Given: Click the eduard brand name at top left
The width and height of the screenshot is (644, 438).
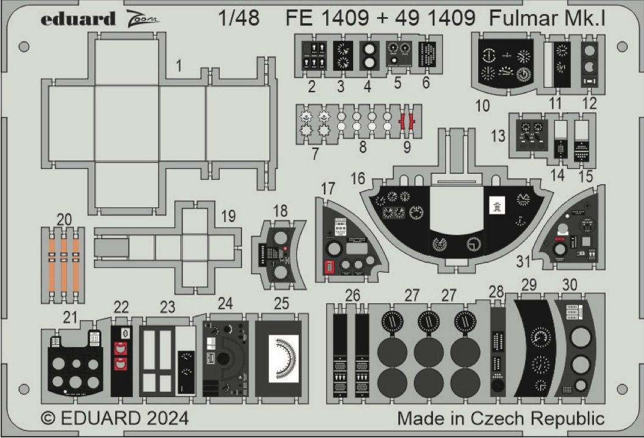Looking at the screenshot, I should pos(77,19).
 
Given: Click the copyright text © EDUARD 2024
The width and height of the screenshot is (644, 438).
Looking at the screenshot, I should pos(115,419).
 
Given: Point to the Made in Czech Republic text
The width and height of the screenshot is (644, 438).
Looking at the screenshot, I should pos(501,419).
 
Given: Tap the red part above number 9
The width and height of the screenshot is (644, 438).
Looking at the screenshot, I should pos(407,122).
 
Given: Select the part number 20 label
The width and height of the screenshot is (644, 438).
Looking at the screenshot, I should pos(63,218).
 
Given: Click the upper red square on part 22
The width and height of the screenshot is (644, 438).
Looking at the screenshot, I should pos(121,348).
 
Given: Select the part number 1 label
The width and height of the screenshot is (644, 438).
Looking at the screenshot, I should pos(178,67).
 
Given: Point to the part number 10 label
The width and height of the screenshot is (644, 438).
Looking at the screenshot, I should pos(482,106).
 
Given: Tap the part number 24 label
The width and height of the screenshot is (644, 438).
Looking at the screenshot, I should pos(225,303).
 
